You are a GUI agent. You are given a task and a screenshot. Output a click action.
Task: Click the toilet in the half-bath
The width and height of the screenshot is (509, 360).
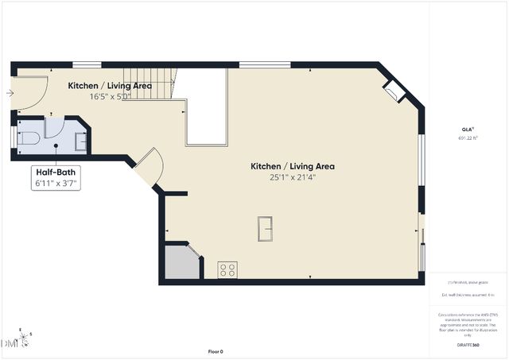pyautogui.click(x=29, y=139)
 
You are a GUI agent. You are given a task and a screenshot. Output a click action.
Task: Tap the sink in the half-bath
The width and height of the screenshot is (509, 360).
pyautogui.click(x=81, y=141)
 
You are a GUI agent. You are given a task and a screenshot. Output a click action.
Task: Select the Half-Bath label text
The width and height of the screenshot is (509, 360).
pyautogui.click(x=56, y=172)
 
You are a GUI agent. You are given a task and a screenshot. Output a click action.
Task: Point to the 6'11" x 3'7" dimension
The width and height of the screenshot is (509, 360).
pyautogui.click(x=56, y=184)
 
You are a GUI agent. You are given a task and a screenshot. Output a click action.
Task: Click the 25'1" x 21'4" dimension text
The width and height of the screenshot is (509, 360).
pyautogui.click(x=292, y=177)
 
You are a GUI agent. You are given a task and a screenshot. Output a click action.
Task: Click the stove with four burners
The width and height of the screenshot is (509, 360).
pyautogui.click(x=228, y=269)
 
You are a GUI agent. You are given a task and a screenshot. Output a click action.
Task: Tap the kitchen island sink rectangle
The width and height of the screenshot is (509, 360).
pyautogui.click(x=266, y=227)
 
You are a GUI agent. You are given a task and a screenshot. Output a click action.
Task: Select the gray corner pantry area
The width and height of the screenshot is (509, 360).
pyautogui.click(x=181, y=262)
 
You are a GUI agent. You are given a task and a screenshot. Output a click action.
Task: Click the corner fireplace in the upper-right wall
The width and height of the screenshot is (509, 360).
pyautogui.click(x=394, y=91)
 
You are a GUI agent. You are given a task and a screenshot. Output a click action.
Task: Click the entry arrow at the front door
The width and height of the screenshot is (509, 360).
pyautogui.click(x=9, y=93)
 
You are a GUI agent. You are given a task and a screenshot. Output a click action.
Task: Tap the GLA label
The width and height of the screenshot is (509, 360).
pyautogui.click(x=467, y=129)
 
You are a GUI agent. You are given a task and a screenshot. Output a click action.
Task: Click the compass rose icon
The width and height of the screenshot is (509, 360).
pyautogui.click(x=25, y=339)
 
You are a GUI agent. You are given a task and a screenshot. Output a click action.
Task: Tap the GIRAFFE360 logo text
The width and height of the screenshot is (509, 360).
pyautogui.click(x=468, y=346)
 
